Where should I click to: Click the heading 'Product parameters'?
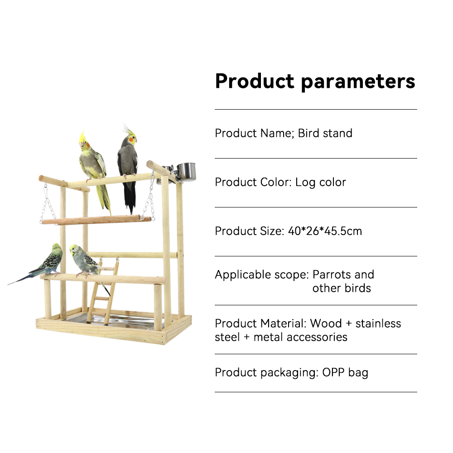coord(315,81)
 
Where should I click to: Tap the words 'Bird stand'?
coord(325,133)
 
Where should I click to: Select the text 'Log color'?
coord(320,182)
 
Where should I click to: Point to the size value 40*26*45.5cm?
coord(325,231)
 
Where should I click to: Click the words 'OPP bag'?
coord(345,373)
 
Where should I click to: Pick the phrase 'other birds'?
coord(342,288)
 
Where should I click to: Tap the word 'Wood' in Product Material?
coord(326,323)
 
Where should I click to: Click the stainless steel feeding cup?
coord(186,172)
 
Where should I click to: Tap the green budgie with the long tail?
coord(40,265)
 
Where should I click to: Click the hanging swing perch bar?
coord(96,220)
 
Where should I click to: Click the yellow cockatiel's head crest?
coord(82,136)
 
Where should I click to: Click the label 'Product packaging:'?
coord(267,373)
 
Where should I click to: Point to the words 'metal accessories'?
coord(300,337)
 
